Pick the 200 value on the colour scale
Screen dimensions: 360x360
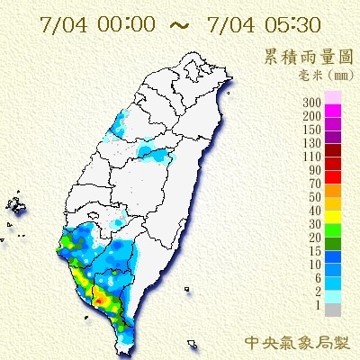pyautogui.click(x=313, y=117)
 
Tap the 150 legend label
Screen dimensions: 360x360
pyautogui.click(x=313, y=130)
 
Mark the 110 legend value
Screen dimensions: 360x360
pyautogui.click(x=313, y=157)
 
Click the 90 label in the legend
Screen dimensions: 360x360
pyautogui.click(x=316, y=170)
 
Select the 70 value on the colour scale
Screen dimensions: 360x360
pyautogui.click(x=316, y=184)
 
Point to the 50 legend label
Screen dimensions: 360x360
pyautogui.click(x=316, y=196)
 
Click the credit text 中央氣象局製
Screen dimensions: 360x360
pyautogui.click(x=296, y=342)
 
